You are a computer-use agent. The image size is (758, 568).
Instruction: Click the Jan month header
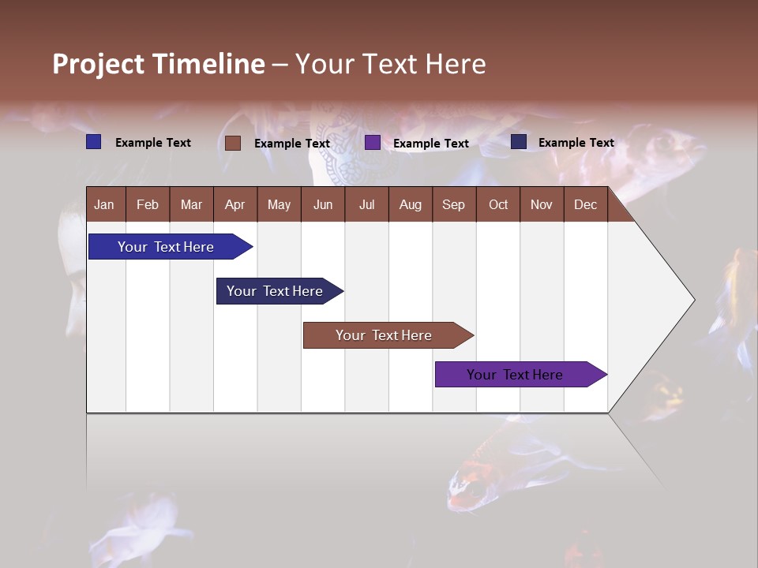click(x=104, y=204)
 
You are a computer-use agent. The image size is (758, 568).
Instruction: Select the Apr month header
click(x=235, y=204)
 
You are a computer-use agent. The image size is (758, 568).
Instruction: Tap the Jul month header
click(x=366, y=204)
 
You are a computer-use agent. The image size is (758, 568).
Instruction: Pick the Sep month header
click(x=453, y=204)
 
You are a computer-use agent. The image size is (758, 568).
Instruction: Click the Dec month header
click(x=585, y=204)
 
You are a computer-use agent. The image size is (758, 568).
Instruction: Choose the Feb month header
click(x=148, y=204)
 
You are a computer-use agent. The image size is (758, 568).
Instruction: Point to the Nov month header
click(x=541, y=204)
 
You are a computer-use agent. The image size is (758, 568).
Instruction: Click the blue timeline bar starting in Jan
click(x=167, y=247)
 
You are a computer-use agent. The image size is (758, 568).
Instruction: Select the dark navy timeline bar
click(x=275, y=291)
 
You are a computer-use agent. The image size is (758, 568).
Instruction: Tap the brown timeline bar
click(x=384, y=335)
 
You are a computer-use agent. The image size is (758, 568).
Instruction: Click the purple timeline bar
click(x=515, y=375)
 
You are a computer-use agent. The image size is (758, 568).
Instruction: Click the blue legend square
click(x=93, y=142)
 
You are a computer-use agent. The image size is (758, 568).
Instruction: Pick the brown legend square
click(x=232, y=143)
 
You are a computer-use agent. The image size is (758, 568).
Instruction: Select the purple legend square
click(x=373, y=143)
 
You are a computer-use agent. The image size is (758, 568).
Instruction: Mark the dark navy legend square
click(x=519, y=142)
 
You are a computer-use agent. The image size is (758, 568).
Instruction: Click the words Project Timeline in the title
click(x=159, y=64)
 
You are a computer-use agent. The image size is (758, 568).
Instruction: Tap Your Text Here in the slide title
click(x=390, y=64)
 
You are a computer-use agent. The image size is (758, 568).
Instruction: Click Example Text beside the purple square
click(x=431, y=144)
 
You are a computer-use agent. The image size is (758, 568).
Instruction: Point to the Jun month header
click(x=322, y=204)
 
